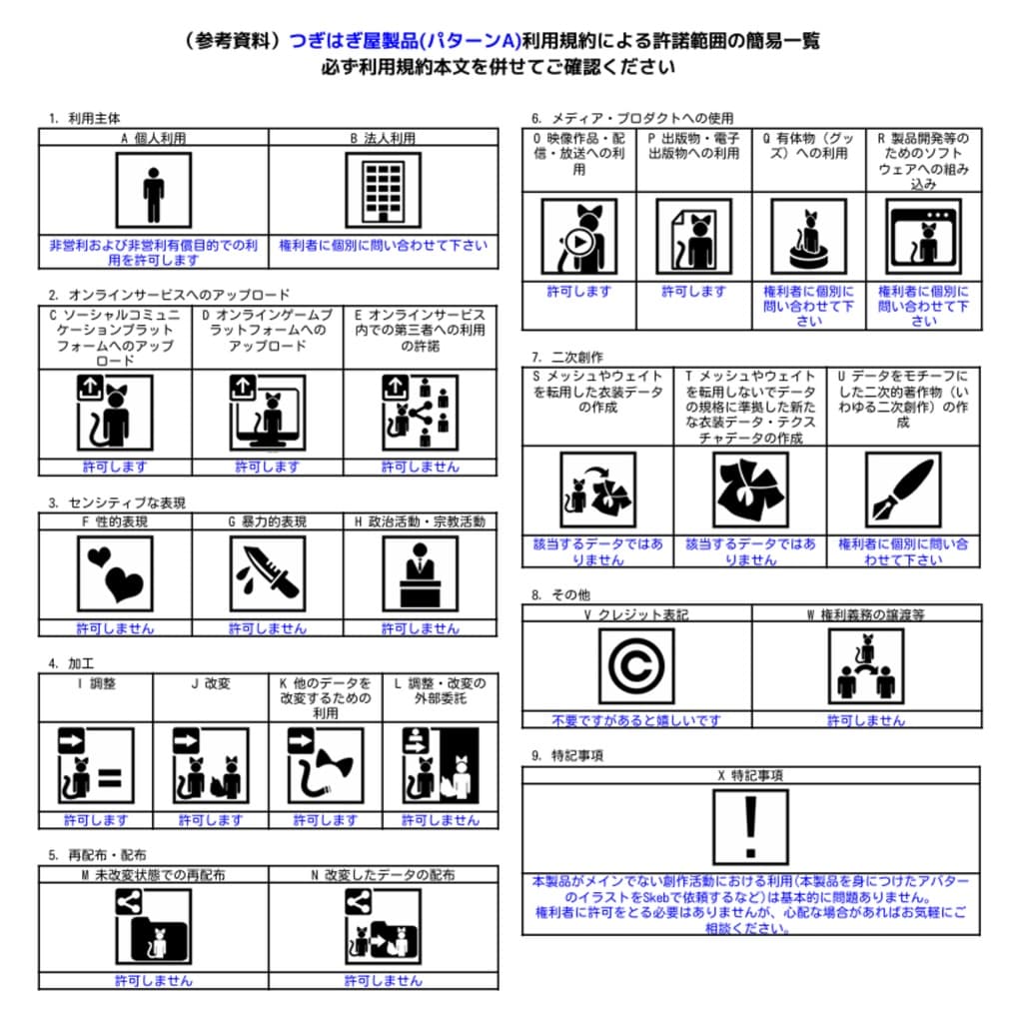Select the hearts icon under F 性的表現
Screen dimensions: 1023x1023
pos(115,574)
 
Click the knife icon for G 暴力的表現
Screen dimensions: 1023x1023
pos(267,574)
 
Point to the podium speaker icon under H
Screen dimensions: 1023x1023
pos(420,574)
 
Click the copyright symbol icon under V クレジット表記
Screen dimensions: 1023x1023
pos(636,666)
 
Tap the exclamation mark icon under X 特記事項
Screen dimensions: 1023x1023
pos(751,827)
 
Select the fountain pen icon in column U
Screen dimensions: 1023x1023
pos(903,491)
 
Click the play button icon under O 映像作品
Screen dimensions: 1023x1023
pos(579,239)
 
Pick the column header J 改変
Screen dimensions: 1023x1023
pos(211,684)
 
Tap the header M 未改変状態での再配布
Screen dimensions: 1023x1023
pos(154,875)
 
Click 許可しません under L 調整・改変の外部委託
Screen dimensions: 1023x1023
pos(440,820)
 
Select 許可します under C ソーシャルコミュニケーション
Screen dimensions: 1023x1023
pos(115,467)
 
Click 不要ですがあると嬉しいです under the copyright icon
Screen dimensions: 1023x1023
pos(636,719)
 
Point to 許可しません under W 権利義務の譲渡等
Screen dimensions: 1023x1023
pos(866,719)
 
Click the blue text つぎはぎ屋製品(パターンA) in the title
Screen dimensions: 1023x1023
pos(406,41)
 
